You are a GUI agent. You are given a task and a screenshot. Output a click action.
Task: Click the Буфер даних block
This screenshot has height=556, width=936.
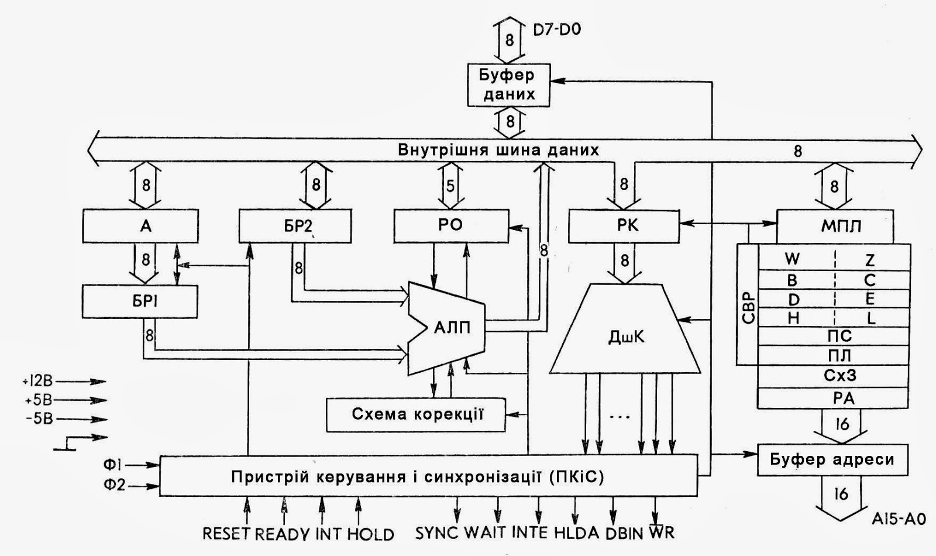(508, 85)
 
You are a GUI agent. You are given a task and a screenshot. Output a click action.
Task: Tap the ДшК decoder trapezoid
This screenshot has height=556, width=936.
(625, 337)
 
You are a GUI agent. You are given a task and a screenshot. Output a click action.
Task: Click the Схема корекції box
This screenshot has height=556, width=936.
(416, 414)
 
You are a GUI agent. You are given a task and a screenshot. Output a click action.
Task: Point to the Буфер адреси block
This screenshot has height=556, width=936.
(832, 459)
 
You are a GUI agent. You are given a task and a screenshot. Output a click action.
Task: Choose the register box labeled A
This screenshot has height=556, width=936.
(146, 226)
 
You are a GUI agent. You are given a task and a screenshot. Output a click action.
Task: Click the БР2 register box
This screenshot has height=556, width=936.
(295, 226)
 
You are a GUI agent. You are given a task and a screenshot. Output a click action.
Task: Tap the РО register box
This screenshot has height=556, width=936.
(451, 226)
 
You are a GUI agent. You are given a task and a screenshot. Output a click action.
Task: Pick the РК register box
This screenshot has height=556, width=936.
(624, 226)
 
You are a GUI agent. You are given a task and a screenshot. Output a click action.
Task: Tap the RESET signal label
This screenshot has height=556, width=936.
(226, 534)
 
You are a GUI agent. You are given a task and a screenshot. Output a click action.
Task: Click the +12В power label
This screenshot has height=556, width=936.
(38, 382)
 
